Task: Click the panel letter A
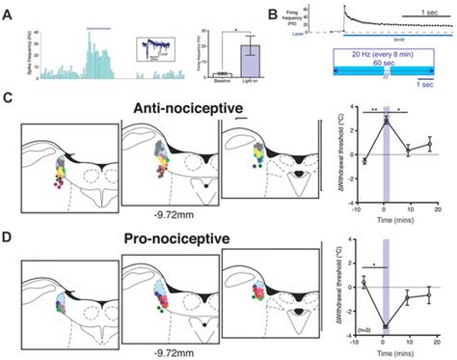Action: tap(9, 14)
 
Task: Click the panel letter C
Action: tap(9, 98)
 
